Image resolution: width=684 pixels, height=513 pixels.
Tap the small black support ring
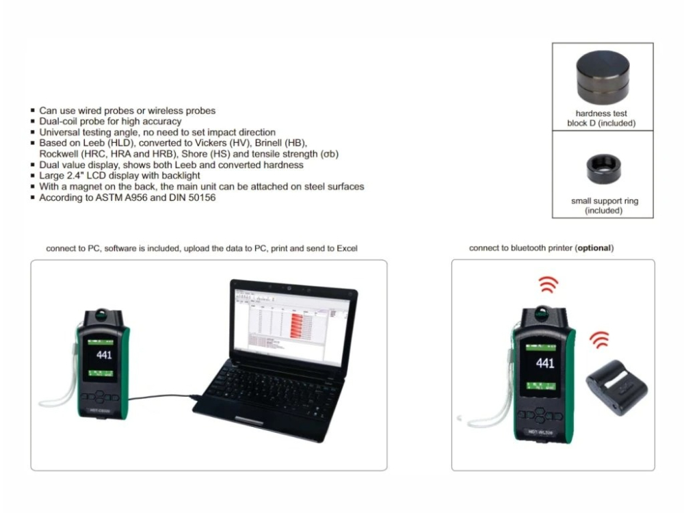[x=603, y=168]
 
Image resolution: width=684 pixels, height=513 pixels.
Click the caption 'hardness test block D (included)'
[x=602, y=118]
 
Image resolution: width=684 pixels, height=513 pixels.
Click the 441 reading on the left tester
[x=104, y=354]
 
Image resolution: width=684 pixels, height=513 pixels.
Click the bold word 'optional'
[x=594, y=248]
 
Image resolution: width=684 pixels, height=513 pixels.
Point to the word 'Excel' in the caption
[x=345, y=248]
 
